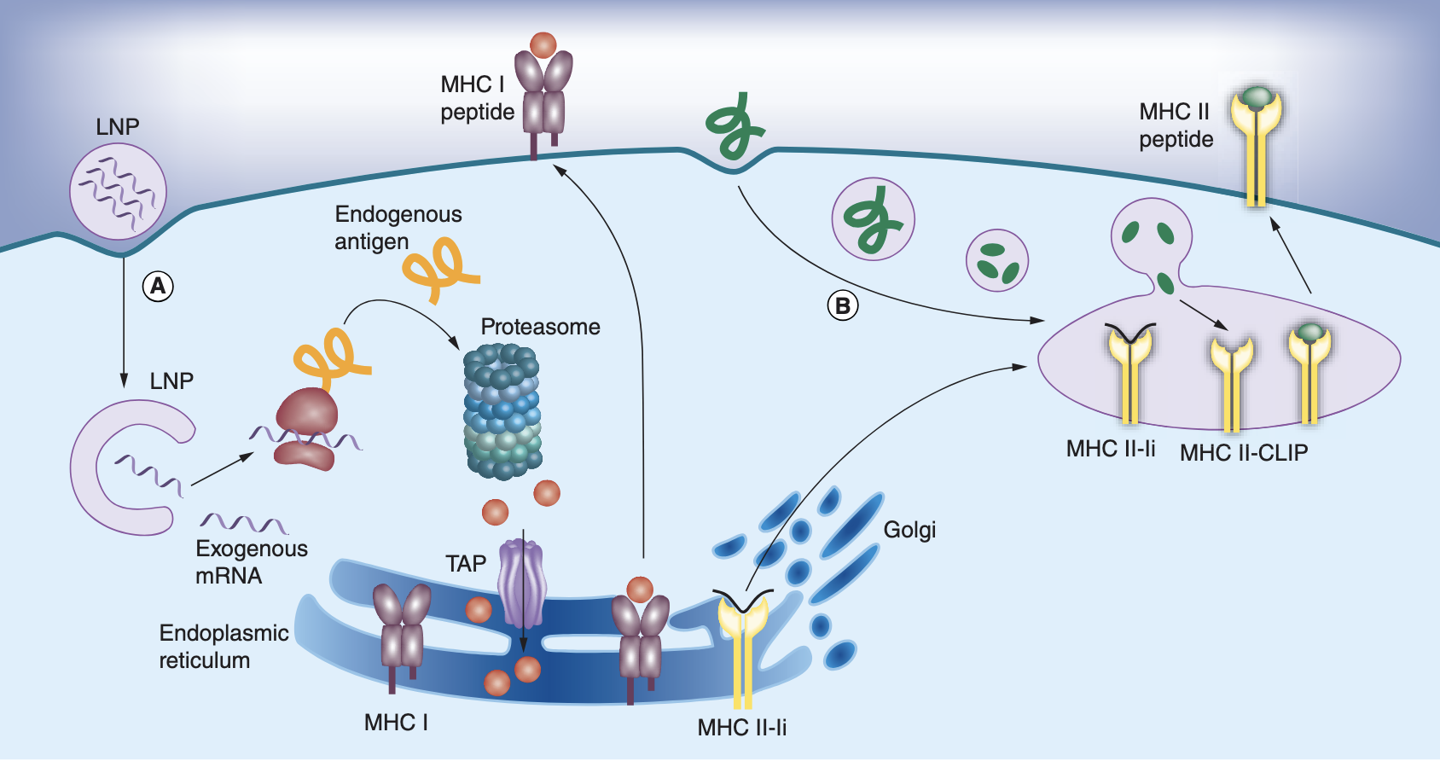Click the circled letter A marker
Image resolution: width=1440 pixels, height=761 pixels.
[158, 286]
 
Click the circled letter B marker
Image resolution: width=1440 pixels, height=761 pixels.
[843, 305]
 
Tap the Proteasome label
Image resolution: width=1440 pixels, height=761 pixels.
[540, 327]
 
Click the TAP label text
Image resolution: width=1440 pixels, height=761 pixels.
[466, 564]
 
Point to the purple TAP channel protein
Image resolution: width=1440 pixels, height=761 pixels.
[521, 584]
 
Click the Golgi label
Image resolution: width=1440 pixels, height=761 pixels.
[909, 530]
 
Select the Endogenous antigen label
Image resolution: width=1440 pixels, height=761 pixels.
[398, 227]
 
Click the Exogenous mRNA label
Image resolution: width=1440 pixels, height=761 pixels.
[251, 561]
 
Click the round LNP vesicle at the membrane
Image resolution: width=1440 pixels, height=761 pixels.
[118, 191]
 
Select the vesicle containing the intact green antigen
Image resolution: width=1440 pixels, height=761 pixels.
[873, 219]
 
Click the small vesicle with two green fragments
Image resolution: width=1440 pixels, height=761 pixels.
[996, 260]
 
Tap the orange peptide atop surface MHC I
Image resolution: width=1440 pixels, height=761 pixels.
[543, 44]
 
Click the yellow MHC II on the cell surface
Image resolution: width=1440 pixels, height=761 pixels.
[1256, 145]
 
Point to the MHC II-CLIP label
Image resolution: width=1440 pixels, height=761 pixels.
[1244, 453]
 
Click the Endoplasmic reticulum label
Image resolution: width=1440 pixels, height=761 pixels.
[224, 646]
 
